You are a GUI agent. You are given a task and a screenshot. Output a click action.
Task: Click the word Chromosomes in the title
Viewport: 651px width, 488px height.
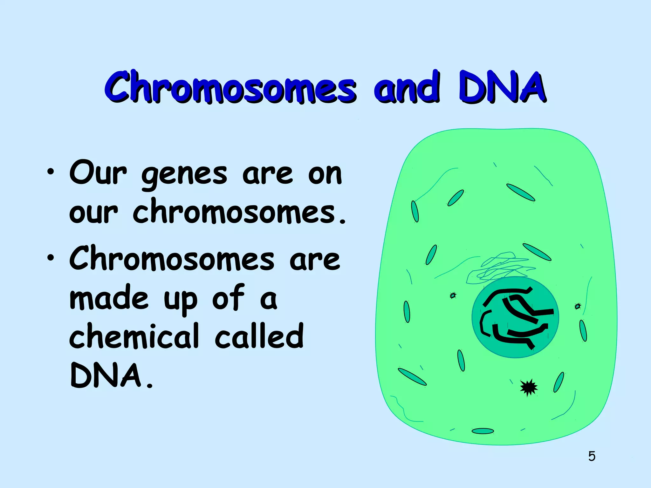(x=230, y=86)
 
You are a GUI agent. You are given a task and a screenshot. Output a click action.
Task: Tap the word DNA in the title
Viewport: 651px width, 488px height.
(x=502, y=86)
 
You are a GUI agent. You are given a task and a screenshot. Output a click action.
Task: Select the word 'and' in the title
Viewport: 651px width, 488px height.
(x=407, y=86)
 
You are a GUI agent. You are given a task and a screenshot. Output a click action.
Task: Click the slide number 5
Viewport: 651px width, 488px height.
(x=592, y=456)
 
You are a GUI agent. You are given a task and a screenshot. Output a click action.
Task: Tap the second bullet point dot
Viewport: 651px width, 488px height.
(x=50, y=258)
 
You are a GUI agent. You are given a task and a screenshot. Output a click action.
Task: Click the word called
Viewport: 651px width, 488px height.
(x=259, y=336)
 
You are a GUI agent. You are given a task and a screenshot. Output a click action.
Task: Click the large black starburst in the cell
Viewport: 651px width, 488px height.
(x=529, y=388)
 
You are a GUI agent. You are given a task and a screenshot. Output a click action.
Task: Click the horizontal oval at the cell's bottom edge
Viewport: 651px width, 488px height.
(x=483, y=431)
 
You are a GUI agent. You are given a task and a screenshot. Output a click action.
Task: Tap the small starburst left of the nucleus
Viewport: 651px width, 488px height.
(x=453, y=295)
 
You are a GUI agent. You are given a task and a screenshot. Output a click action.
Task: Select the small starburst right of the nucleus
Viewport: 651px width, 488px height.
(x=578, y=306)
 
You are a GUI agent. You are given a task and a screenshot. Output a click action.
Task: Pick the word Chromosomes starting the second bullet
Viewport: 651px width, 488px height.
(x=172, y=259)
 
